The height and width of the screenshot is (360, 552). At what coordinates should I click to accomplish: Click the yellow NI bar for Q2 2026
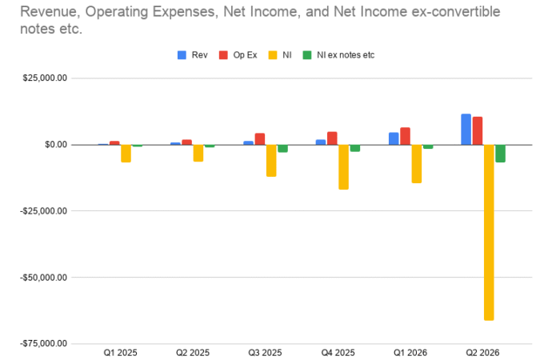coord(489,232)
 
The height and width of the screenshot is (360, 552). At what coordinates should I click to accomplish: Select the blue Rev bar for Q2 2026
coord(466,129)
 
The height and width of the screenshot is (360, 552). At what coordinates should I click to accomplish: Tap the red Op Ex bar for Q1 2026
coord(405,136)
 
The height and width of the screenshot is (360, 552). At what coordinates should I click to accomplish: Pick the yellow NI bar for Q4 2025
coord(343,167)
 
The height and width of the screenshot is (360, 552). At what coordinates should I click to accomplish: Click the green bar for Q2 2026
coord(500,154)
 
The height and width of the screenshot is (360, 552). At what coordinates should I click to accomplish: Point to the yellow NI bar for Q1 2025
coord(126,154)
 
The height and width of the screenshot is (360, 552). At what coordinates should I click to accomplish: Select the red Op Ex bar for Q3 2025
coord(260,139)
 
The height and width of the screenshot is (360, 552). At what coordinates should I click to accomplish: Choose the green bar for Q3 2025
coord(282,149)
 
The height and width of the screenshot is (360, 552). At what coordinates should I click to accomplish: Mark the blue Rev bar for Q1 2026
coord(394,138)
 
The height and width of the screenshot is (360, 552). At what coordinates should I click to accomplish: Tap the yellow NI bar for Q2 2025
coord(198,153)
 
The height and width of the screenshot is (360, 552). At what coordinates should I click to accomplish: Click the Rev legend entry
coord(193,55)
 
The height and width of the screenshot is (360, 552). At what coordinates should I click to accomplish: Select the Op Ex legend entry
coord(238,55)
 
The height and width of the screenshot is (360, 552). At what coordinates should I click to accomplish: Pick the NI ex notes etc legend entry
coord(338,55)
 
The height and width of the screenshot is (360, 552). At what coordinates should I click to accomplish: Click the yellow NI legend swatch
coord(273,55)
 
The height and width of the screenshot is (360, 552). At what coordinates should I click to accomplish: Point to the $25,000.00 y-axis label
coord(45,78)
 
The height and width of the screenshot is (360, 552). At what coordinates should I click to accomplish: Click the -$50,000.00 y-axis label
coord(44,278)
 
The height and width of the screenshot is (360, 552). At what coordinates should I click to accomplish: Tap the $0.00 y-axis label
coord(56,145)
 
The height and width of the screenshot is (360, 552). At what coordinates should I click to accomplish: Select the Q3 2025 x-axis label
coord(265,353)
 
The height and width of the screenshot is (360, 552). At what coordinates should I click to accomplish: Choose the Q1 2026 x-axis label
coord(410,353)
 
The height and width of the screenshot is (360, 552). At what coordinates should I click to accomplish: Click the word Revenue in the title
coord(50,12)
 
